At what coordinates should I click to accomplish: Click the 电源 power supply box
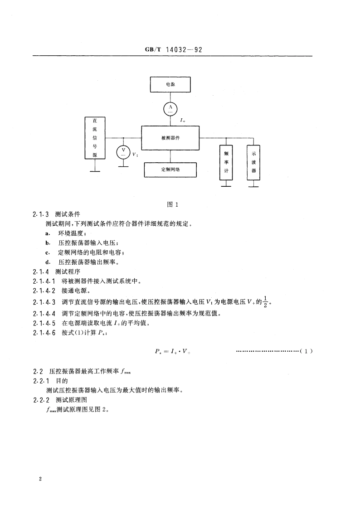click(170, 85)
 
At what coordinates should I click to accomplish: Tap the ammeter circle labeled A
click(170, 109)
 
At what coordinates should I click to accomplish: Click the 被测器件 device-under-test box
click(170, 138)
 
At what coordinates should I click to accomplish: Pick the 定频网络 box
click(170, 170)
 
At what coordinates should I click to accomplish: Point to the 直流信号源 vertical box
click(95, 138)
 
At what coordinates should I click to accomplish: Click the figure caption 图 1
click(172, 204)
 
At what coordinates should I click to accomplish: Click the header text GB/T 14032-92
click(173, 50)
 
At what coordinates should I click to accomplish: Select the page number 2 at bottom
click(41, 479)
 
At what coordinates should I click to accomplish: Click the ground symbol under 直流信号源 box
click(95, 170)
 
